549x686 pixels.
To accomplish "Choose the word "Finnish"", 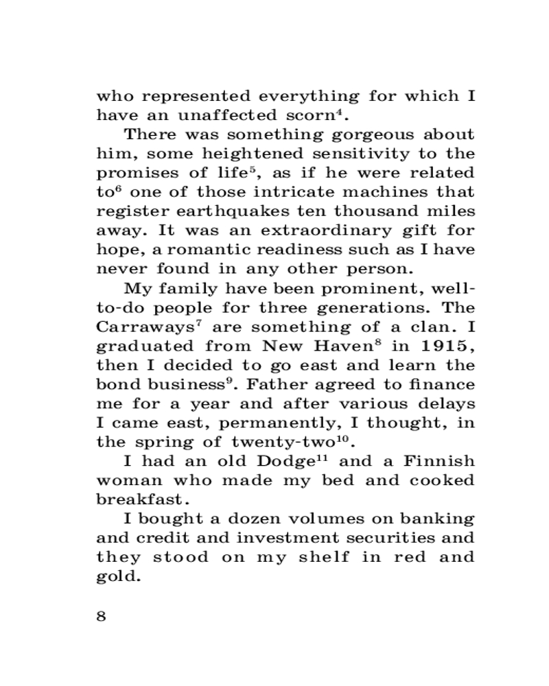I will point(439,461).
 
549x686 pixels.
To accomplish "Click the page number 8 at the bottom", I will point(102,615).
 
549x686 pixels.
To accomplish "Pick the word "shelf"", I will point(323,557).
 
